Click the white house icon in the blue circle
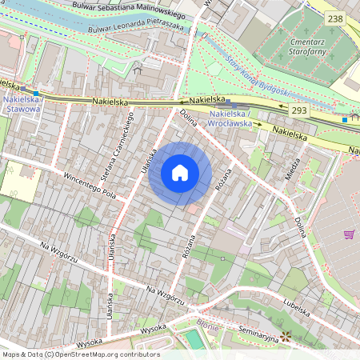(x=180, y=173)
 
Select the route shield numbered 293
(x=298, y=110)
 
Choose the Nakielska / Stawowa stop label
(x=23, y=105)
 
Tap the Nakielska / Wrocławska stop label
(x=230, y=119)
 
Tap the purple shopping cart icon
(x=349, y=234)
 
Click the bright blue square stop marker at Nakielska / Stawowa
(x=35, y=93)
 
